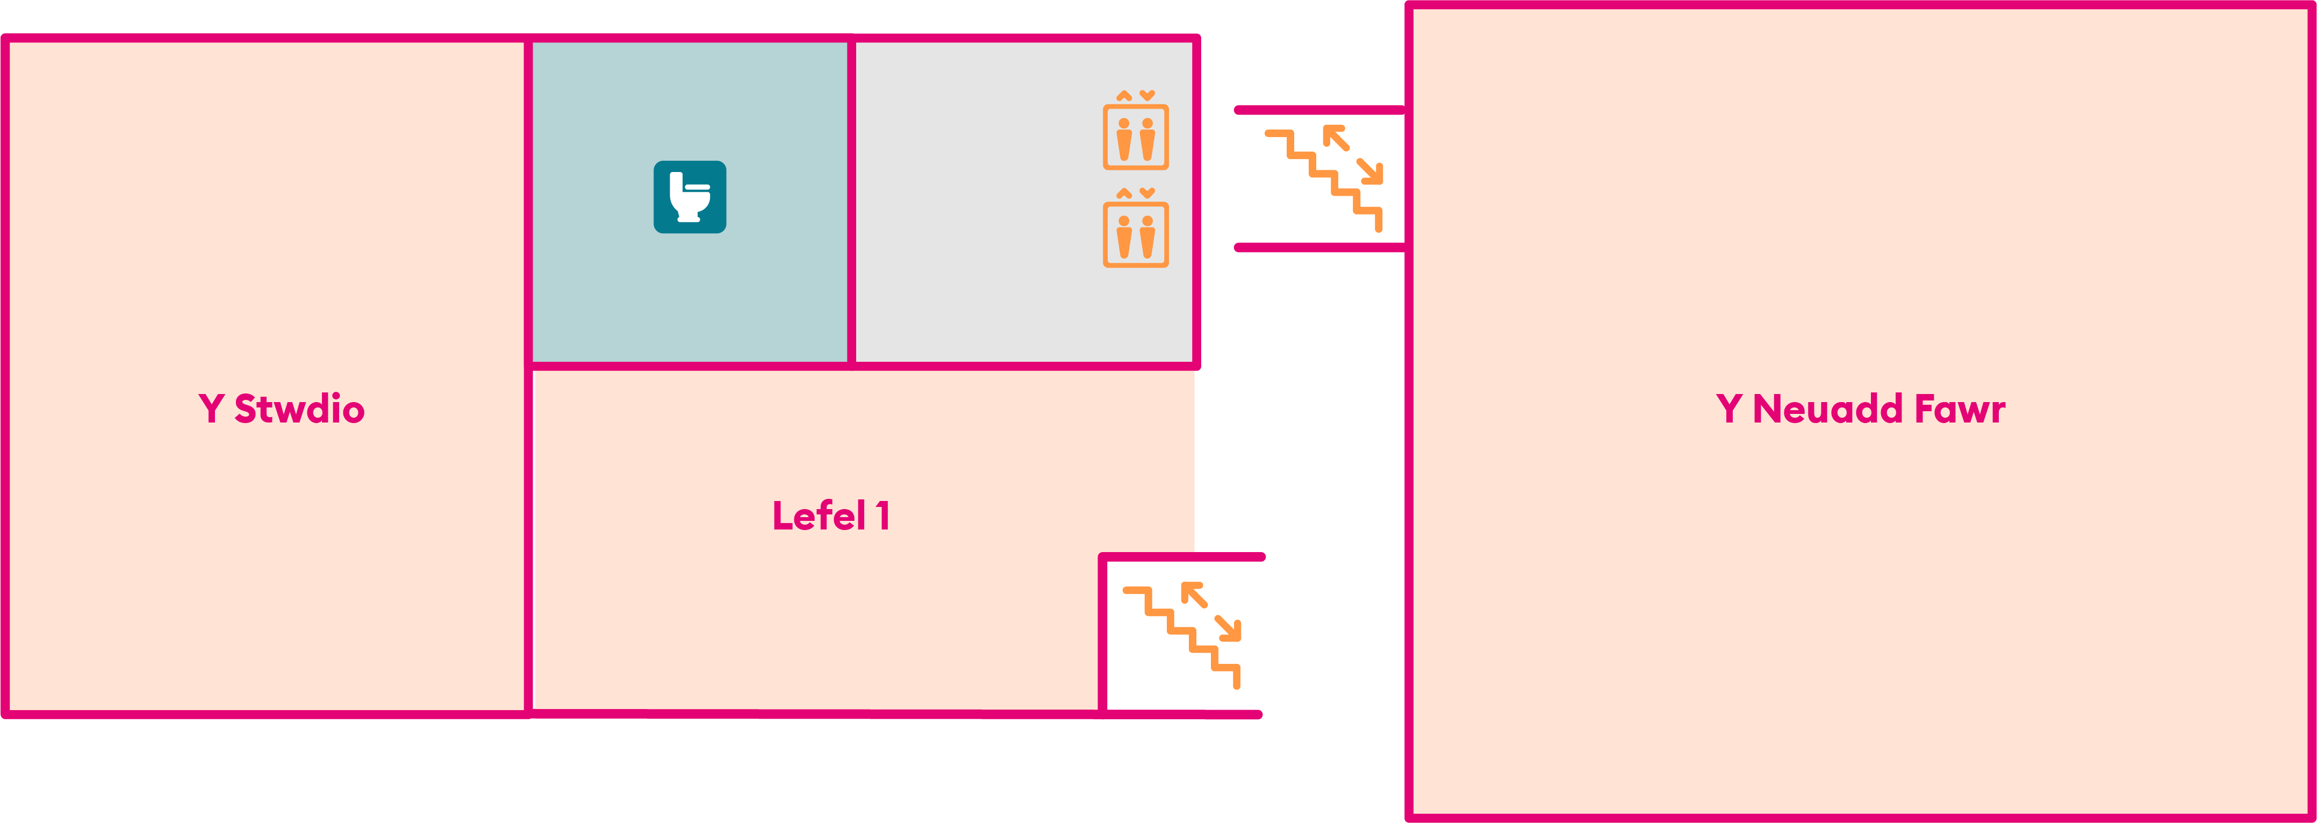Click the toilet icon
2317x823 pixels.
(x=690, y=197)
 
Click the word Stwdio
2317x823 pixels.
(x=299, y=409)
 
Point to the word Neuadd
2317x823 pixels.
(x=1828, y=409)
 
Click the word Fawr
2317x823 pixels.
(x=1961, y=409)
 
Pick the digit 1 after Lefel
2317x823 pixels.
(x=883, y=516)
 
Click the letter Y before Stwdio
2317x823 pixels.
(x=211, y=409)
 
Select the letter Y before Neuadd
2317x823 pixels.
(x=1730, y=409)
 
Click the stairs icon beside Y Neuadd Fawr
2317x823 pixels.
(x=1324, y=178)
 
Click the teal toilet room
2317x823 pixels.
(x=690, y=202)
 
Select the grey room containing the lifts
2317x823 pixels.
(x=1023, y=202)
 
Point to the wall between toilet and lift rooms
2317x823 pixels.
(x=851, y=202)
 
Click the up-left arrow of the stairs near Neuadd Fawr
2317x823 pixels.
(x=1336, y=138)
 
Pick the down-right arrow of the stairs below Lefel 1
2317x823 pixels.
(x=1228, y=628)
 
